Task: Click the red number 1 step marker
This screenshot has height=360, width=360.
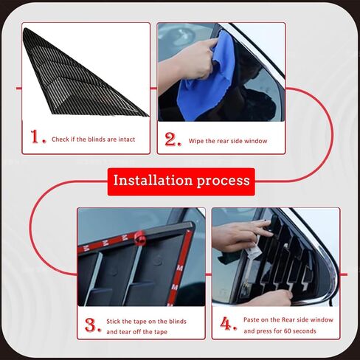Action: (x=38, y=137)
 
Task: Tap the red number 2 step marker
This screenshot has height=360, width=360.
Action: (x=173, y=139)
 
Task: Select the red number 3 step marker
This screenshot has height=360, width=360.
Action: (x=93, y=325)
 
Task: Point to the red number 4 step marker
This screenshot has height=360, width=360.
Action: (x=229, y=323)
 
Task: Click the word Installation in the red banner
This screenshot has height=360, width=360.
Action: (x=153, y=180)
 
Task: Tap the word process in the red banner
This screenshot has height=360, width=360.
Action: (x=223, y=181)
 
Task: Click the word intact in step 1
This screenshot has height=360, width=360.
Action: (x=127, y=139)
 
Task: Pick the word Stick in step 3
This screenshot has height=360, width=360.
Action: (x=113, y=322)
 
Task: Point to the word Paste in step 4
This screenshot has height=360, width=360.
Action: (x=251, y=319)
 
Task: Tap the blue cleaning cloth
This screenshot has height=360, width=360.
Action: (x=206, y=81)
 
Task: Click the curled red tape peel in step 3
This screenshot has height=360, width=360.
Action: (x=140, y=238)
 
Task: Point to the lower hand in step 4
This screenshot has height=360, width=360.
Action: (x=271, y=298)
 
